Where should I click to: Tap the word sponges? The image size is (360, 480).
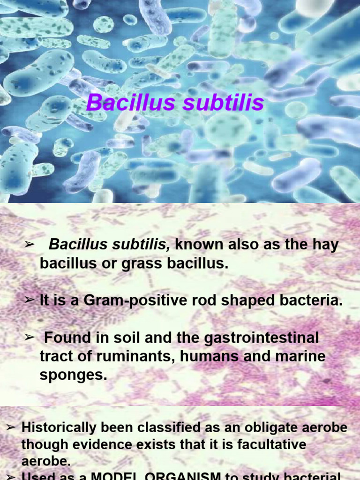coord(73,375)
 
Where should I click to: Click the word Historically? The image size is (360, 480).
coord(55,427)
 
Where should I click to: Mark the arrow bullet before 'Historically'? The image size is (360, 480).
coord(12,427)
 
